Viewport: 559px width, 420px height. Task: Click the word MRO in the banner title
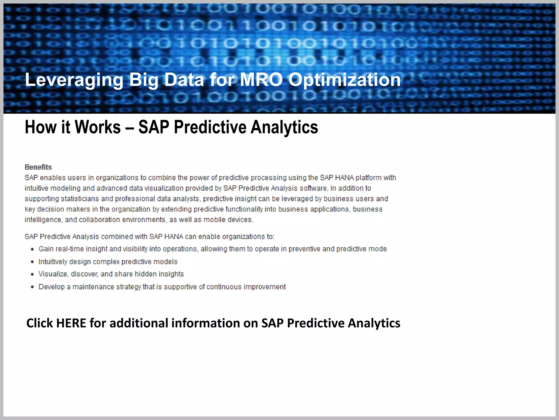(x=261, y=80)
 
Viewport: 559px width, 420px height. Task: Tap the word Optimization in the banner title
(x=344, y=80)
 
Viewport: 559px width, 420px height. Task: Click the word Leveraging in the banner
(x=74, y=80)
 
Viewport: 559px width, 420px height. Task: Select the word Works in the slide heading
(x=97, y=127)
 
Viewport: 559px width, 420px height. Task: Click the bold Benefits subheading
(x=38, y=167)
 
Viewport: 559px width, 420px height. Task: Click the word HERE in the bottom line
(x=71, y=323)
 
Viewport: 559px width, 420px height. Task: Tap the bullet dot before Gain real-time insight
(x=32, y=249)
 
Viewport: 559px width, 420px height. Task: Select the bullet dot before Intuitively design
(x=32, y=262)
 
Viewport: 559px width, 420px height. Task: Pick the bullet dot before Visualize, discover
(x=32, y=274)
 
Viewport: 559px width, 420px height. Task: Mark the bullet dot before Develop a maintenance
(x=32, y=287)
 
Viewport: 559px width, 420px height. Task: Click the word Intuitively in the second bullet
(x=53, y=262)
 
